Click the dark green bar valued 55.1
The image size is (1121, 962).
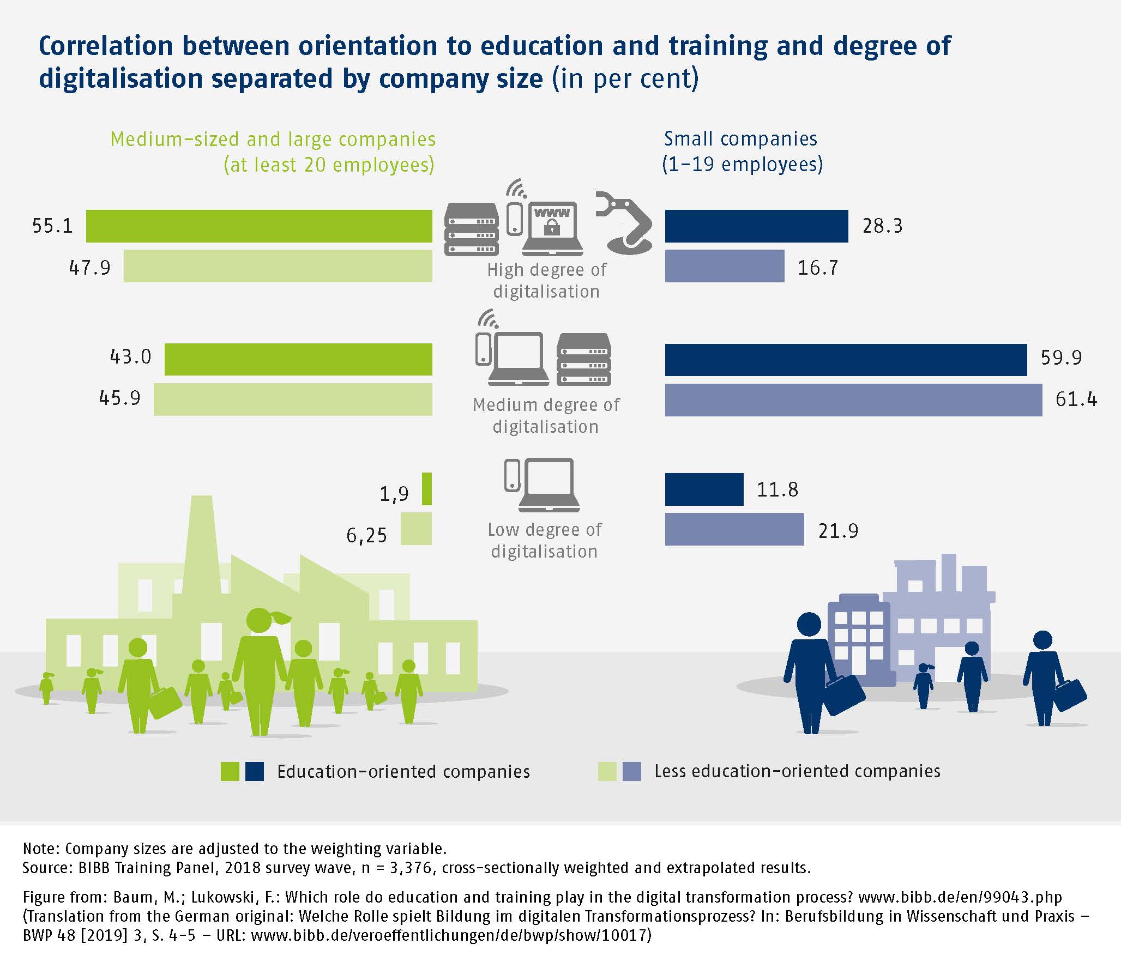[x=259, y=226]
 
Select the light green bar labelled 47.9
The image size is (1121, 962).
[x=278, y=266]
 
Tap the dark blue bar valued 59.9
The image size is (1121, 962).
[x=846, y=360]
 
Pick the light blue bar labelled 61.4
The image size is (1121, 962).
[x=853, y=400]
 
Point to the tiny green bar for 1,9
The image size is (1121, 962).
[x=427, y=489]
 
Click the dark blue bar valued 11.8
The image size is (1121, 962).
[x=704, y=489]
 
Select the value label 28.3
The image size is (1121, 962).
[x=882, y=226]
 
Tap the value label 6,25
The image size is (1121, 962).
[x=366, y=536]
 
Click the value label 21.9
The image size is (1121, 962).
[x=838, y=531]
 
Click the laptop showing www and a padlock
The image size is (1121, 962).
[x=552, y=229]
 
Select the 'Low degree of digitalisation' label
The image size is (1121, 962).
[x=544, y=540]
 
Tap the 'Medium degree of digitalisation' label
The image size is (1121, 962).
[x=546, y=415]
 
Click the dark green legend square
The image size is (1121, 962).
[x=230, y=771]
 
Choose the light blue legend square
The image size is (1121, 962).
[x=632, y=771]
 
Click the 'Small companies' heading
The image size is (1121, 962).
[x=741, y=140]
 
